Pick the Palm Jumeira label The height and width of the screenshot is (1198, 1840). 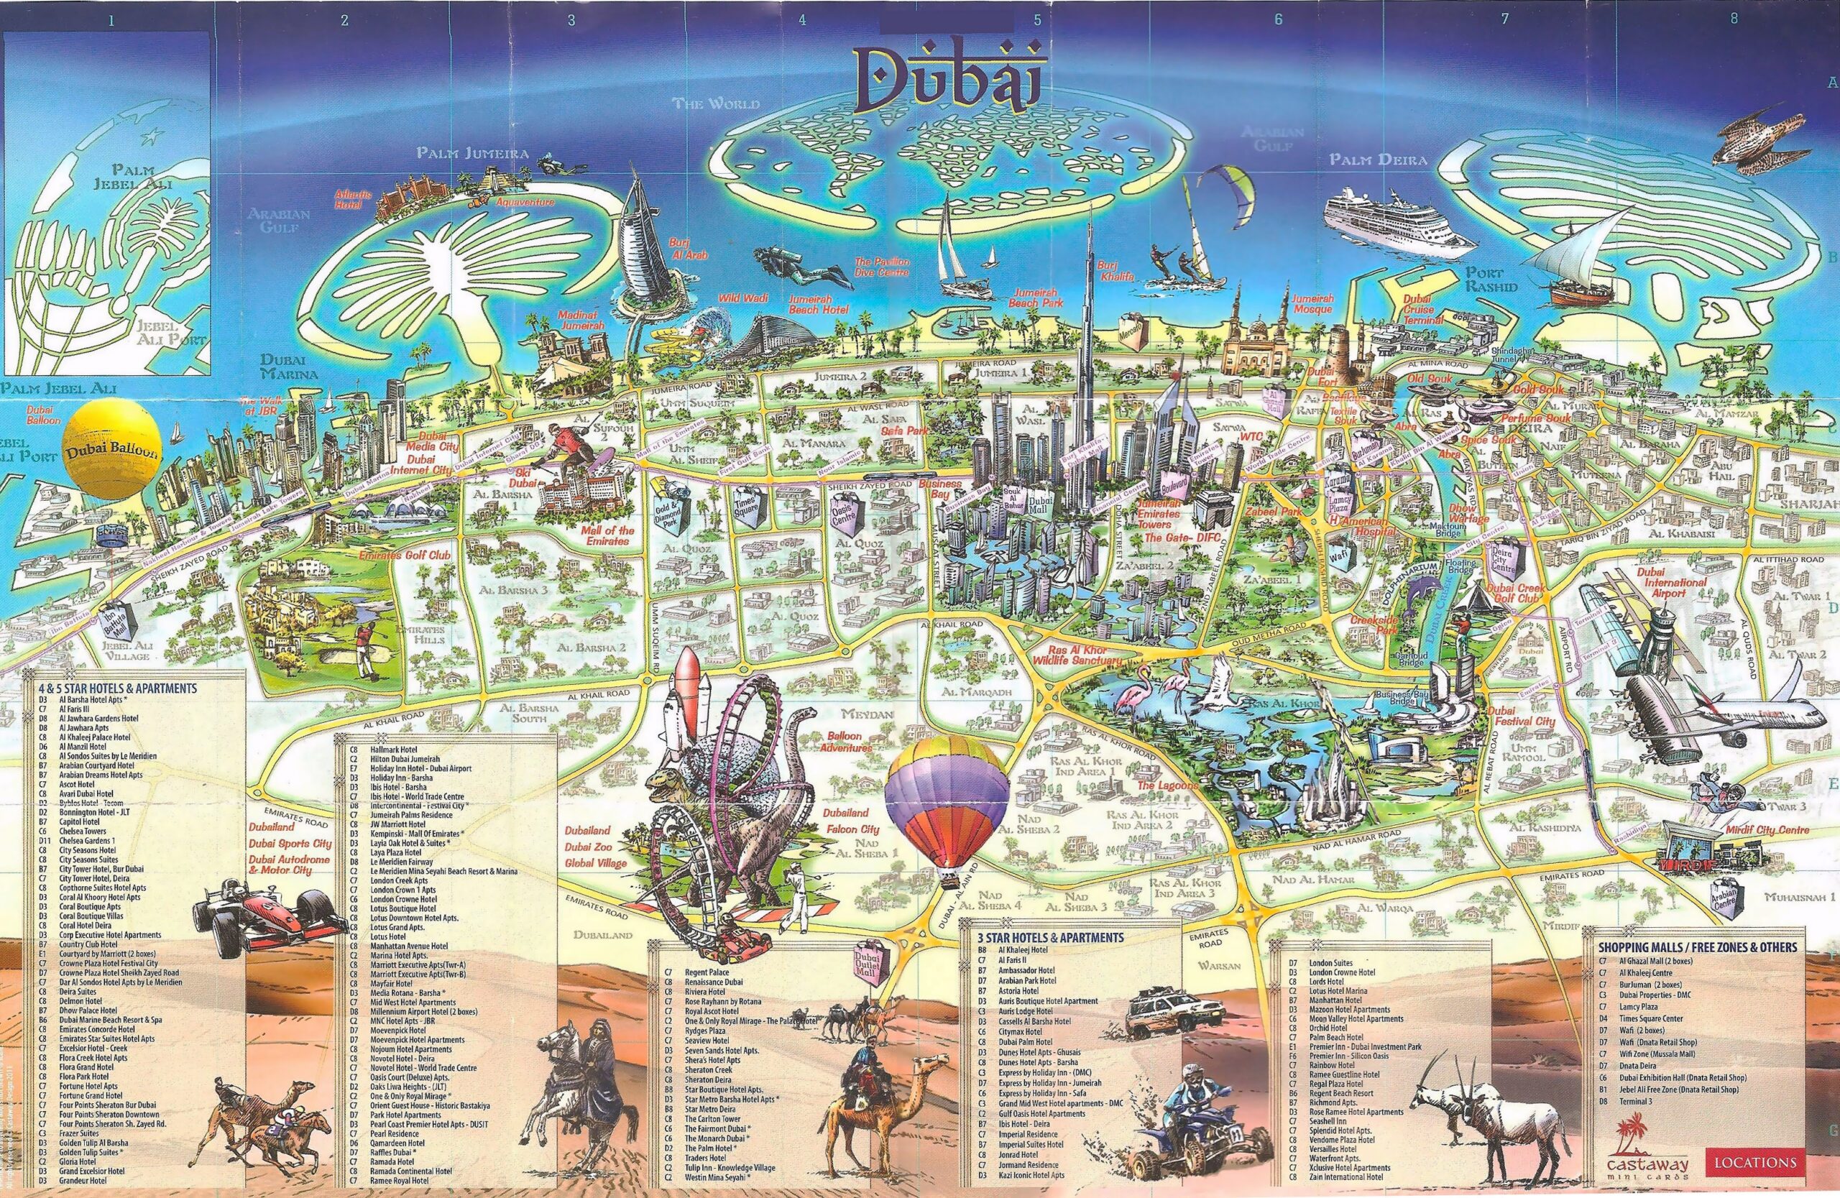[472, 154]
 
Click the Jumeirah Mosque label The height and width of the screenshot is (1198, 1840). [1312, 304]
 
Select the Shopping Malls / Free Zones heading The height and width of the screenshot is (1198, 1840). [1697, 946]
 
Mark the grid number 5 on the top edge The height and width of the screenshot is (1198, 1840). [1036, 20]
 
